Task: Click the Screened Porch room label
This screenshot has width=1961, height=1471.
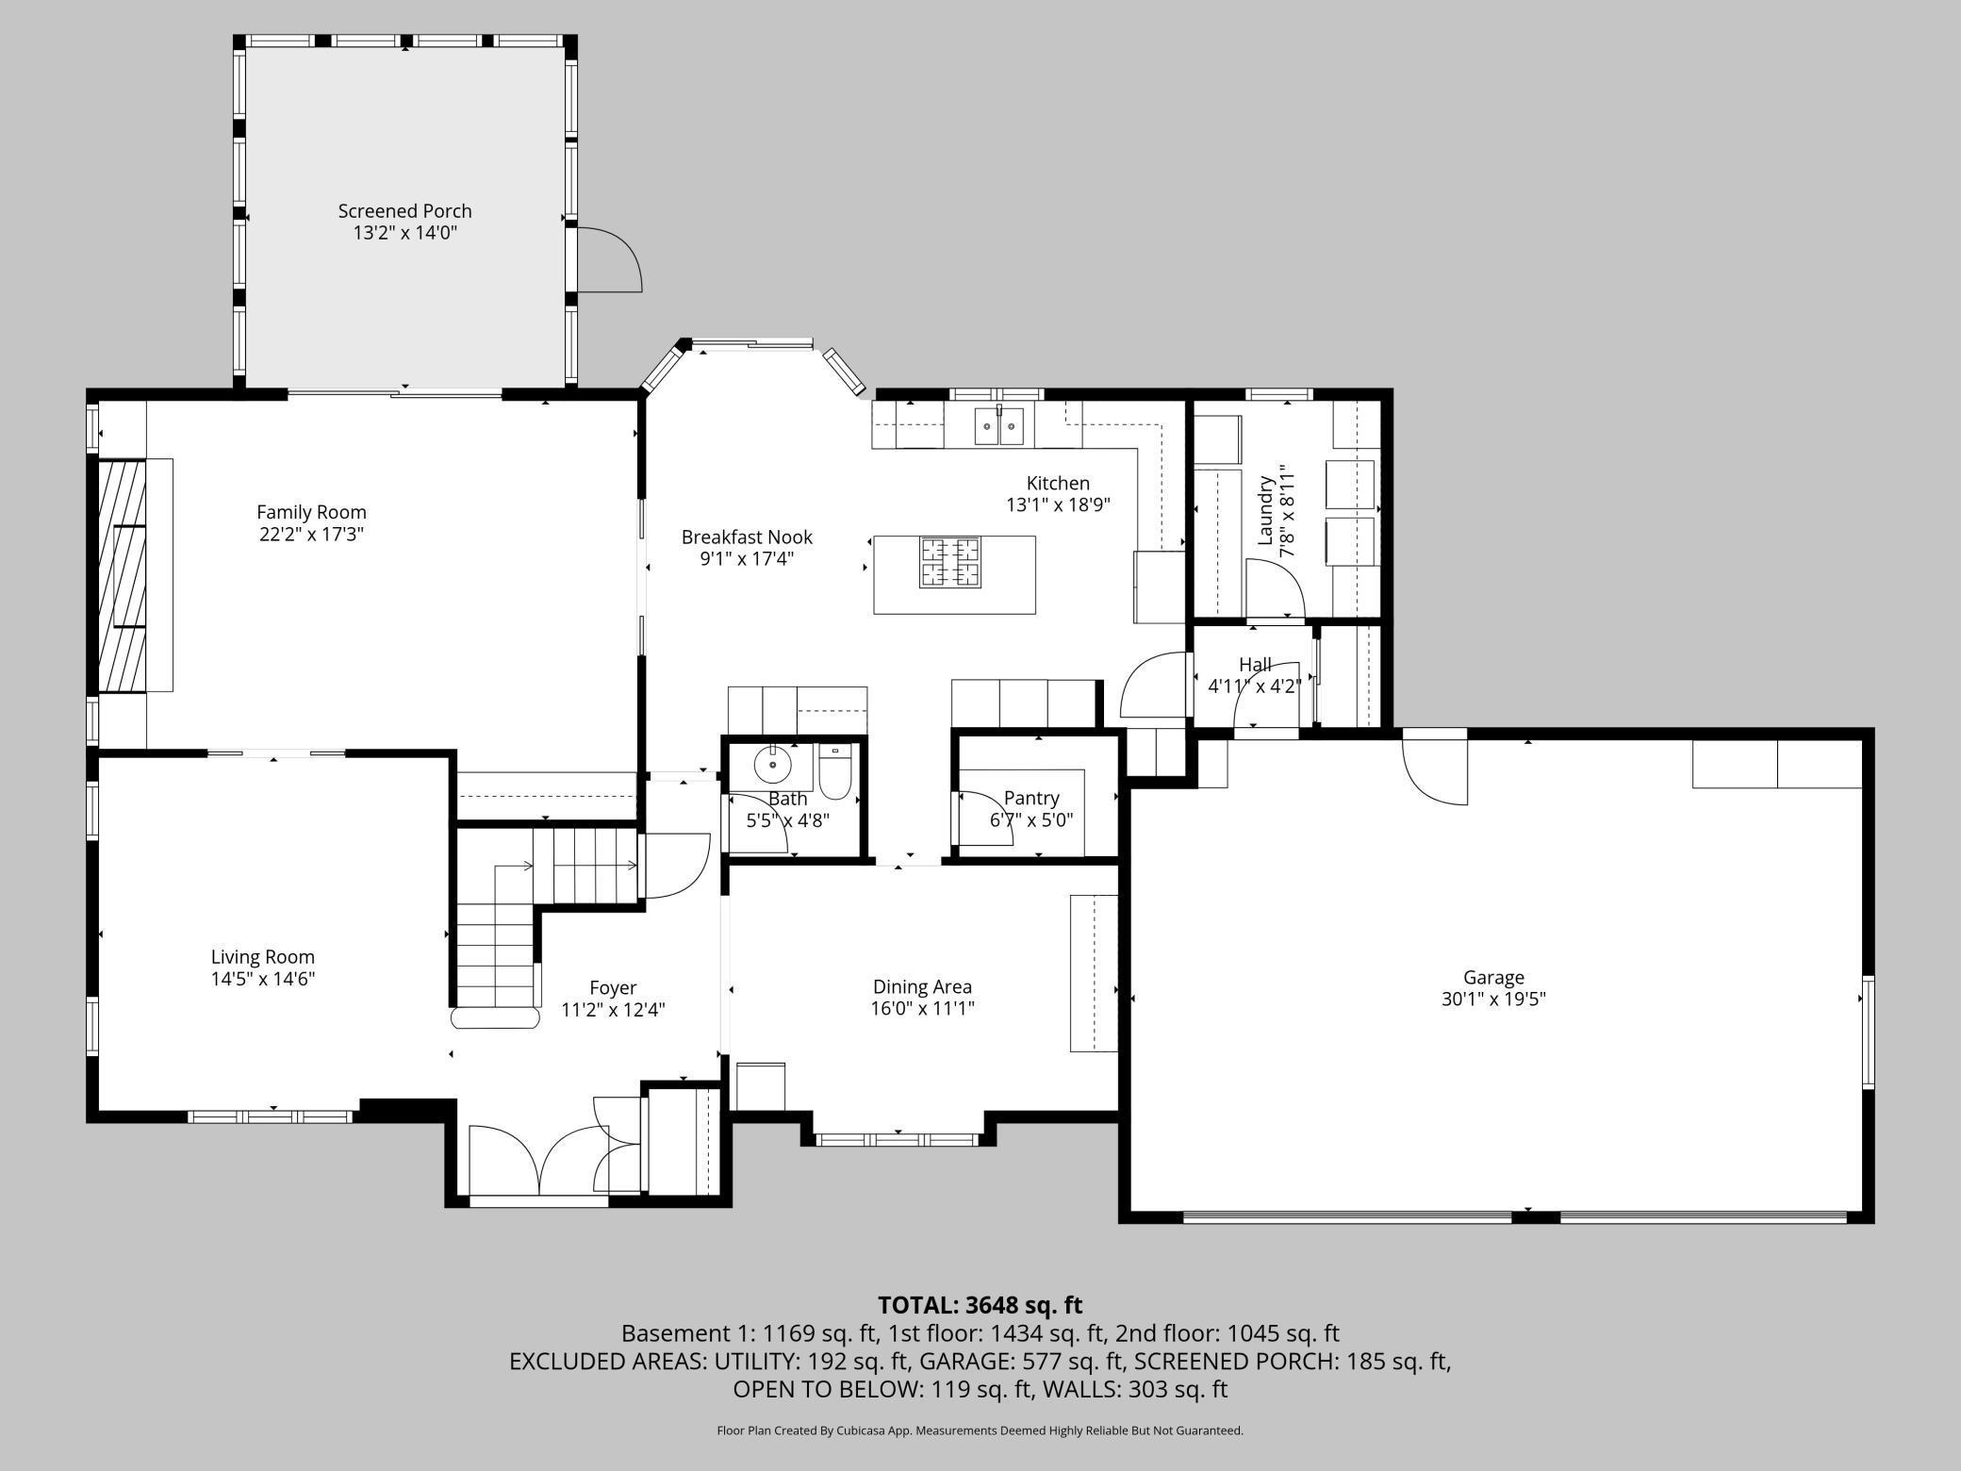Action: point(404,211)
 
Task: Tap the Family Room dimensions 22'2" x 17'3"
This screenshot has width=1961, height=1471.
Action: point(311,535)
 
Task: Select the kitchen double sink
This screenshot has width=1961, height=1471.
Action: point(999,426)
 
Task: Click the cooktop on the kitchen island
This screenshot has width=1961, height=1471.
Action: point(950,562)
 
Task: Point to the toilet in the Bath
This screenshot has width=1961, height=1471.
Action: point(835,770)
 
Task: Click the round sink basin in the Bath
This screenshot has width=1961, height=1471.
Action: point(772,766)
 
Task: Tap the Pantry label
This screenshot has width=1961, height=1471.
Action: point(1031,799)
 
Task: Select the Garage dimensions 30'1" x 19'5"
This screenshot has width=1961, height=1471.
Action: point(1493,1000)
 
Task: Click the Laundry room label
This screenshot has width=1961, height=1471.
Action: point(1266,510)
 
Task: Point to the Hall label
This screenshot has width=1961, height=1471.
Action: point(1255,665)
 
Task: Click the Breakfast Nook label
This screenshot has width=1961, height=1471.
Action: point(747,537)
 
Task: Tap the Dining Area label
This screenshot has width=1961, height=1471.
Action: point(922,987)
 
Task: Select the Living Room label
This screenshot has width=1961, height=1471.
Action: point(263,958)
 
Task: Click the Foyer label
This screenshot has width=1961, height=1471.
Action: point(613,989)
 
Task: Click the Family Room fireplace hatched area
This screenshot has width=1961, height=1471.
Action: point(123,575)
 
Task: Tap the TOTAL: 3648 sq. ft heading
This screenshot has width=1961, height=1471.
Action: point(980,1305)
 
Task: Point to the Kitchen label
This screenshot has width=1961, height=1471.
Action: point(1058,484)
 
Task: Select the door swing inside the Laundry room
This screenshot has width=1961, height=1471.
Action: point(1275,587)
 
